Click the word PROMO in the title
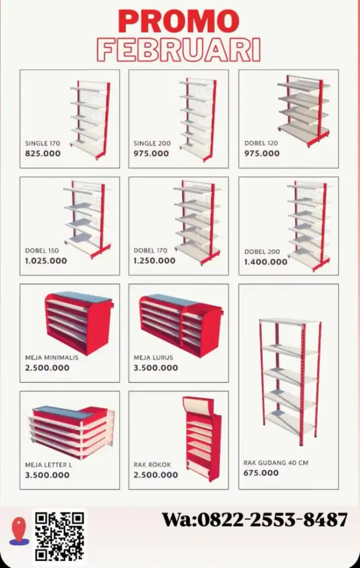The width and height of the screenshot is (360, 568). point(178,22)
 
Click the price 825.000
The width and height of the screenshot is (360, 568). point(43,153)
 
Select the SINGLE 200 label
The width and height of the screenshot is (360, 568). point(152,143)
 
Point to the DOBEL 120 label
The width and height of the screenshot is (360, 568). point(261,143)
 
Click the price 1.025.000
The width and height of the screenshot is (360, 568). point(46,261)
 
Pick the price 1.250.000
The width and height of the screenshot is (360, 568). point(154,261)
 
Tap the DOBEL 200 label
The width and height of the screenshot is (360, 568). point(262,252)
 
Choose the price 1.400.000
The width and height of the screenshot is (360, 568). point(266,261)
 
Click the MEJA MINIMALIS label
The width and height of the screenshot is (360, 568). point(52,357)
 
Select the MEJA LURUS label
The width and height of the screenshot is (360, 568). point(153,357)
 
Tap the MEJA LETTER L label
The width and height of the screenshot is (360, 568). point(48,465)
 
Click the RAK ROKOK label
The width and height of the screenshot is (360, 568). point(152,465)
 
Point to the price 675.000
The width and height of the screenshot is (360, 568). point(261,473)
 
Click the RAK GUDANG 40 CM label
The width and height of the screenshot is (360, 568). point(276,462)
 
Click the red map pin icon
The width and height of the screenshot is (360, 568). point(19,531)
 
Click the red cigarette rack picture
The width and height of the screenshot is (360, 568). point(202,438)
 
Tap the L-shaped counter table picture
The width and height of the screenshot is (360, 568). point(72,431)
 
